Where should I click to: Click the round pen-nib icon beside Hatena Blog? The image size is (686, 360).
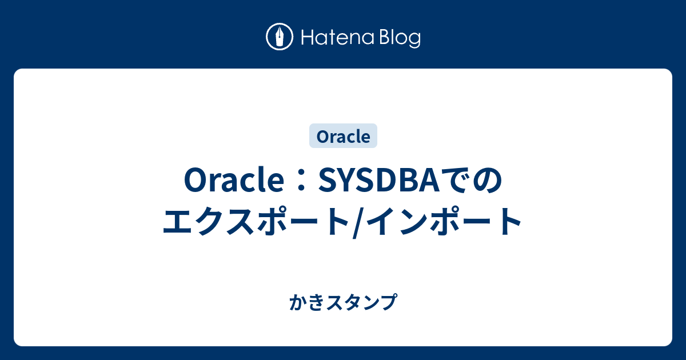(x=280, y=37)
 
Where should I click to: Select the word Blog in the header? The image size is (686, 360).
(x=399, y=38)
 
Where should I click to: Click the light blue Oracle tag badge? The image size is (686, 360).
(x=343, y=137)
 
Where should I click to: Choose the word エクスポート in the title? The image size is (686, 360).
(x=257, y=221)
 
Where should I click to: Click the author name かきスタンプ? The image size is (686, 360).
(x=343, y=301)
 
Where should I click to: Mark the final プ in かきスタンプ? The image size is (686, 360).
(x=389, y=301)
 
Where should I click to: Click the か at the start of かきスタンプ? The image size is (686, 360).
(x=296, y=301)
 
